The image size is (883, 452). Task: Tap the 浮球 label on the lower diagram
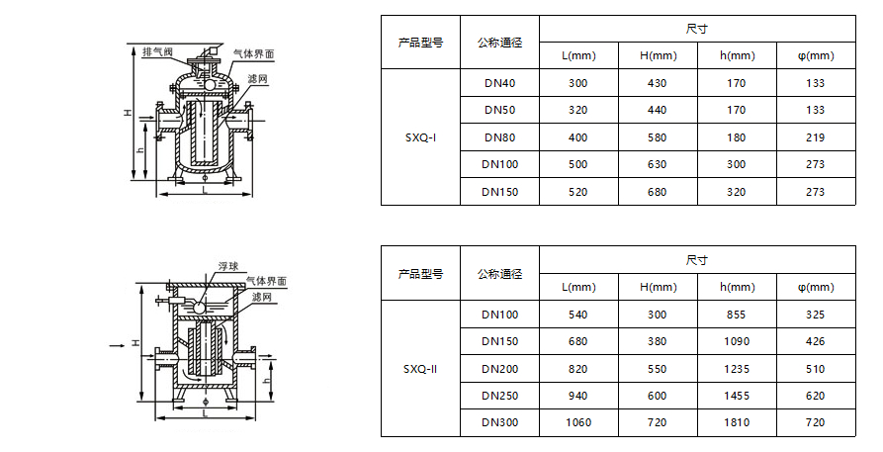pyautogui.click(x=229, y=266)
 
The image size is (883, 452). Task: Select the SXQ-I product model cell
pyautogui.click(x=420, y=137)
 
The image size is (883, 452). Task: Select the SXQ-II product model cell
pyautogui.click(x=420, y=369)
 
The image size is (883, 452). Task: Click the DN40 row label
pyautogui.click(x=499, y=83)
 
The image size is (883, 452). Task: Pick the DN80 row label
pyautogui.click(x=499, y=137)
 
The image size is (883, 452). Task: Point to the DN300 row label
pyautogui.click(x=499, y=423)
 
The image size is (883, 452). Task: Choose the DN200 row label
pyautogui.click(x=499, y=369)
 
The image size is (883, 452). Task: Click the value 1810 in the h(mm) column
pyautogui.click(x=737, y=423)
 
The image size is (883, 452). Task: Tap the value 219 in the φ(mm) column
pyautogui.click(x=815, y=137)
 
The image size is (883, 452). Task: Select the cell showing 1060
pyautogui.click(x=578, y=423)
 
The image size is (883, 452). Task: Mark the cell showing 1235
pyautogui.click(x=737, y=369)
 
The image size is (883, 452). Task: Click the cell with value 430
pyautogui.click(x=658, y=83)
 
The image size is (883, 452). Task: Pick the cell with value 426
pyautogui.click(x=815, y=342)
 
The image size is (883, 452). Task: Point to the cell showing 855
pyautogui.click(x=737, y=315)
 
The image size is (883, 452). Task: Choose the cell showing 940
pyautogui.click(x=578, y=396)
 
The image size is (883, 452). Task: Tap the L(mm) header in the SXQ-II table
pyautogui.click(x=578, y=287)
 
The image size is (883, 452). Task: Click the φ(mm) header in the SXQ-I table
pyautogui.click(x=815, y=55)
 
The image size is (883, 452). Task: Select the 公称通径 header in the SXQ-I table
pyautogui.click(x=499, y=43)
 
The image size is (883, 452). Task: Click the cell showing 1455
pyautogui.click(x=737, y=396)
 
